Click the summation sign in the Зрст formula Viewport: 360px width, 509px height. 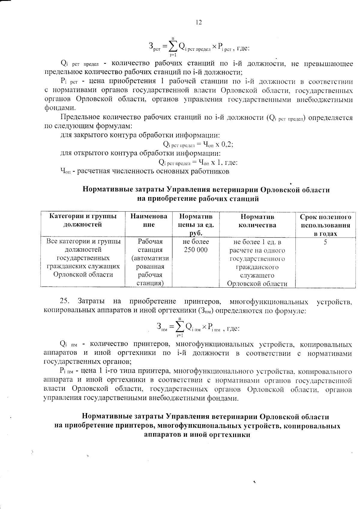coord(173,46)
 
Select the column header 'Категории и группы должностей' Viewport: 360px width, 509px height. coord(82,220)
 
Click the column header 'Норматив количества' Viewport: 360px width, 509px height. coord(257,220)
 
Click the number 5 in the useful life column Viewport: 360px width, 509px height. coord(325,242)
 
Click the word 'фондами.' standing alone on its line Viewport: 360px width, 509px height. coord(60,108)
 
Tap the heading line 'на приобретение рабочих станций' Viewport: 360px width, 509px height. coord(198,199)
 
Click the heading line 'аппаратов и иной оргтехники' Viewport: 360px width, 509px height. coord(197,435)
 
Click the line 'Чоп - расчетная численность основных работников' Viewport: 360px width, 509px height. coord(145,171)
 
